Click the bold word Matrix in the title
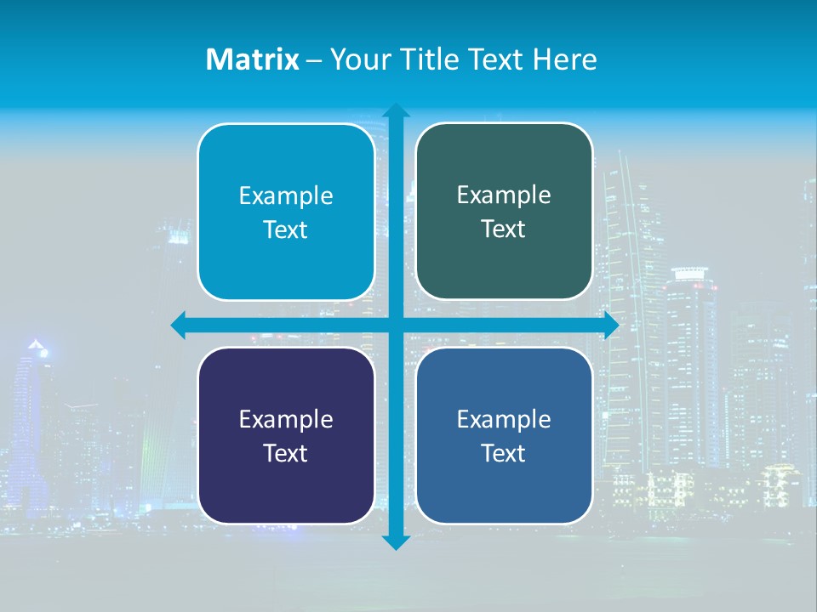click(252, 59)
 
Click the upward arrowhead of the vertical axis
click(396, 110)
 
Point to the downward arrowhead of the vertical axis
click(396, 542)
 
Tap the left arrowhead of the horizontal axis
click(179, 326)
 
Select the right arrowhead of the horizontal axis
click(611, 326)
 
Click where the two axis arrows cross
click(396, 326)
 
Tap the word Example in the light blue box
click(286, 196)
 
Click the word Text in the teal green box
click(504, 229)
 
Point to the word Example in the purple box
click(286, 420)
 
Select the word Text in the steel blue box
click(504, 453)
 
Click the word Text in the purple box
click(286, 453)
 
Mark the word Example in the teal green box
click(504, 195)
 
